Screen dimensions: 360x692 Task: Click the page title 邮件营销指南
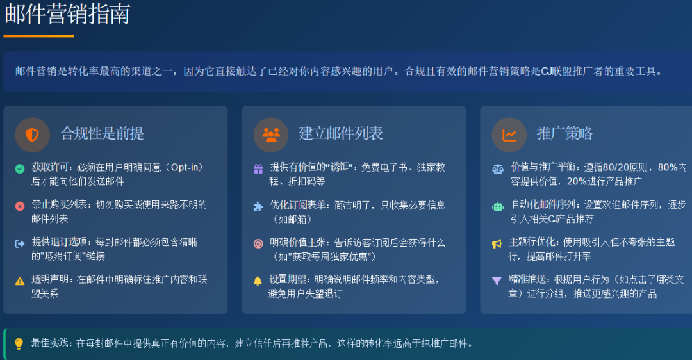click(x=67, y=14)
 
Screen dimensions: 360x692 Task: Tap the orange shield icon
click(x=32, y=135)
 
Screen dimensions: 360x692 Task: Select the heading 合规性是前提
click(x=102, y=133)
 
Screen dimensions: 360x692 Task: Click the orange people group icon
click(x=271, y=135)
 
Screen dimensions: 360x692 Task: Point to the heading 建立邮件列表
click(x=340, y=133)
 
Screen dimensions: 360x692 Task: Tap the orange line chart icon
click(x=509, y=135)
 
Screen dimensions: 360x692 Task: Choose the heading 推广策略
click(x=564, y=133)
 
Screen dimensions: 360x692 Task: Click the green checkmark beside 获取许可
click(x=20, y=168)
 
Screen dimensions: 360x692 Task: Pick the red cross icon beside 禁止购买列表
click(x=20, y=206)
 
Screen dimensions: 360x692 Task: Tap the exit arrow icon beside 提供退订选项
click(x=20, y=243)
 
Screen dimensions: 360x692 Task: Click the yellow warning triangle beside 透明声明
click(x=20, y=281)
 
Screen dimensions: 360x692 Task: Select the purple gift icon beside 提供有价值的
click(x=258, y=168)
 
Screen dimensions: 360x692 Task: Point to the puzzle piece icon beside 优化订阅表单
click(x=258, y=206)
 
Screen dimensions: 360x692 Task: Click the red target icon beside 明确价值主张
click(x=258, y=243)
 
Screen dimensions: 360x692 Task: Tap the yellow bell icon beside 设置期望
click(x=258, y=281)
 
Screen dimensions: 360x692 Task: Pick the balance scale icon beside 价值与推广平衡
click(x=498, y=168)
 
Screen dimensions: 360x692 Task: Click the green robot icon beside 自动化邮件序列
click(x=498, y=206)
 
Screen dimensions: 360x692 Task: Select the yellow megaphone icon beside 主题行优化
click(x=497, y=243)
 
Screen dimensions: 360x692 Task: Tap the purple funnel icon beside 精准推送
click(x=497, y=281)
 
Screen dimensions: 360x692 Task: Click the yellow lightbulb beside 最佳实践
click(x=19, y=344)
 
